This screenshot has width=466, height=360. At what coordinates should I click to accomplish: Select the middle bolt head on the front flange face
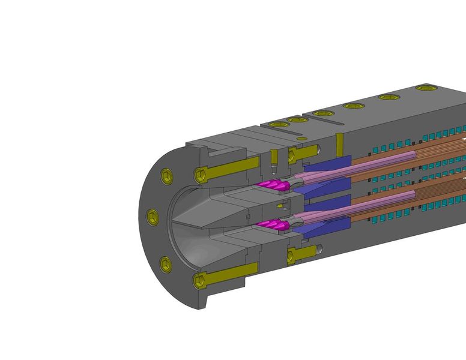coord(153,216)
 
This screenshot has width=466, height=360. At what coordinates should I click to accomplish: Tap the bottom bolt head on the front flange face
coord(166,265)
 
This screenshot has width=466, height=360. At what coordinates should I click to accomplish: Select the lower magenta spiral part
coord(273,226)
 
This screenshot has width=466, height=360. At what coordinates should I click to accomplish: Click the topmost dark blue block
coord(327,163)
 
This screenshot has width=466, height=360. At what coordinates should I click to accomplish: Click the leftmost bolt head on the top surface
coord(278,124)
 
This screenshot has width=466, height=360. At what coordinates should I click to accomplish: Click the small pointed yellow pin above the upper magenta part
coord(273,158)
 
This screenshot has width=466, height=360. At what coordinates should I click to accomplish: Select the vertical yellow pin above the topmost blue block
coord(339,142)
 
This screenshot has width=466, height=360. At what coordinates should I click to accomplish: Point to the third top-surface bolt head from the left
coord(323,113)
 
